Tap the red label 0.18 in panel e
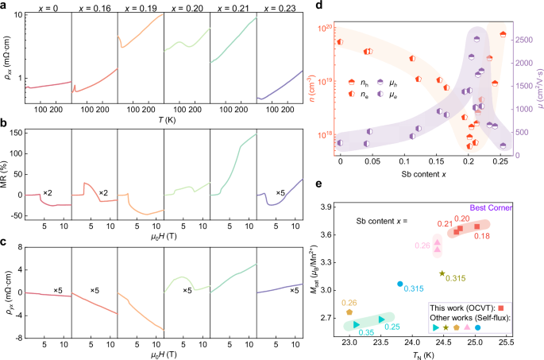pos(482,236)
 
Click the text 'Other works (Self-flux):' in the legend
pos(460,317)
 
